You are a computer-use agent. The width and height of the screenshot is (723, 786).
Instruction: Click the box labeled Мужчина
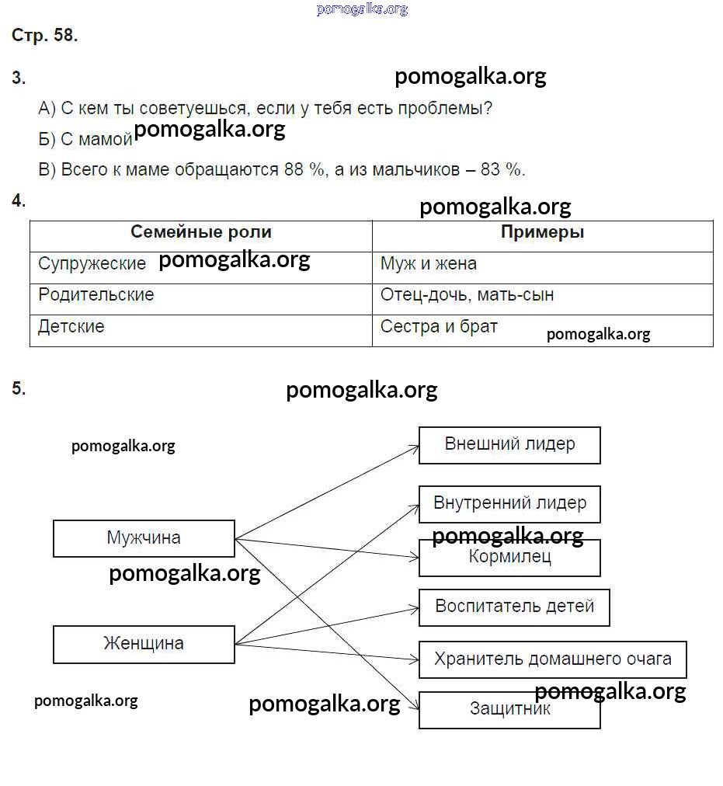[144, 538]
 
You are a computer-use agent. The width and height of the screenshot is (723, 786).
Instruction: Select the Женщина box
[144, 644]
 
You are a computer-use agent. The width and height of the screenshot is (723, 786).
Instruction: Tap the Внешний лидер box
[509, 445]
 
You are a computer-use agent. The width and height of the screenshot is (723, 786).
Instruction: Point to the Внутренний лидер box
[509, 503]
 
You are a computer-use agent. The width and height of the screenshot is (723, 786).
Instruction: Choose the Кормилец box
[509, 558]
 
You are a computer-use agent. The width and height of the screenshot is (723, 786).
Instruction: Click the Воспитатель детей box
[514, 607]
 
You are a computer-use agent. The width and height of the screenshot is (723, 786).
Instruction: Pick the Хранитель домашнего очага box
[552, 659]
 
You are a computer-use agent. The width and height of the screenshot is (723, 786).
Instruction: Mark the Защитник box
[509, 710]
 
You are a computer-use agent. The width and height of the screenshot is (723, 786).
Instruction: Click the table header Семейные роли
[200, 232]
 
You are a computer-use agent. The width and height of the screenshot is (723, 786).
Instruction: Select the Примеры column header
[542, 232]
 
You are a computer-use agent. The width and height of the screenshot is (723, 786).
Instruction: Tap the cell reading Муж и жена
[429, 264]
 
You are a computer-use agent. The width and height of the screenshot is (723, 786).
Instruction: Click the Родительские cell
[96, 295]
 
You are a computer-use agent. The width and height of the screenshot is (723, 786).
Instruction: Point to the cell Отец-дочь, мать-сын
[468, 295]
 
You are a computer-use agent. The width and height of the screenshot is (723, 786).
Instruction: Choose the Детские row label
[71, 327]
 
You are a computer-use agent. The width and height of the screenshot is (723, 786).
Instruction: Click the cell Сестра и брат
[439, 327]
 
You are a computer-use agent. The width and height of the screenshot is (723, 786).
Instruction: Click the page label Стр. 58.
[45, 35]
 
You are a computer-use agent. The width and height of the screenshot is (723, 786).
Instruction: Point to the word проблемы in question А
[444, 108]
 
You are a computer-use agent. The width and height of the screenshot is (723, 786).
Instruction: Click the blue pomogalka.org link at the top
[362, 9]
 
